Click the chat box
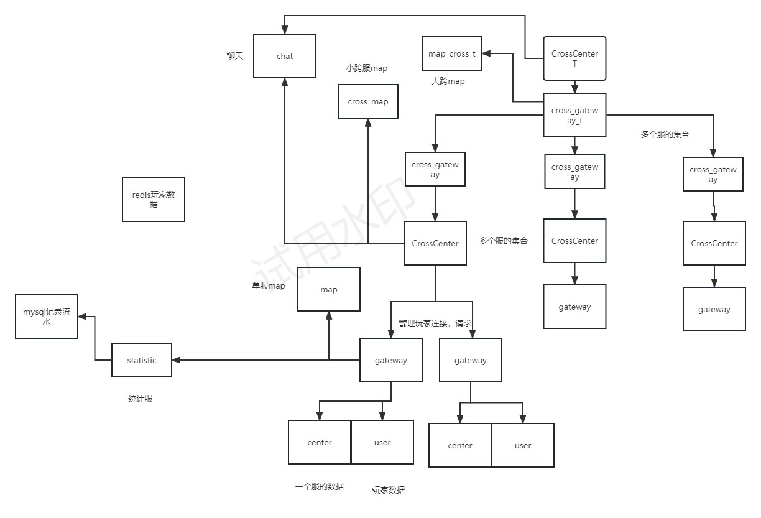point(285,56)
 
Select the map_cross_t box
point(452,53)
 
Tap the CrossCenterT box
point(574,58)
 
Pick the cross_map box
point(368,101)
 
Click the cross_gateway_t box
point(574,115)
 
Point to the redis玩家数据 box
point(154,199)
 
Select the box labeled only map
point(329,289)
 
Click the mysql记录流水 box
point(47,317)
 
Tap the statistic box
point(142,360)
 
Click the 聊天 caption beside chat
point(235,56)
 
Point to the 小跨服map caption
point(366,68)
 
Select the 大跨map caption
point(448,81)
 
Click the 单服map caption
point(269,286)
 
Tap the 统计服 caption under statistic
point(141,399)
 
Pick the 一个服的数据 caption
point(320,486)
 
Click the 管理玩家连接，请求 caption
point(435,323)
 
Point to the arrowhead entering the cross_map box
point(368,123)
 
